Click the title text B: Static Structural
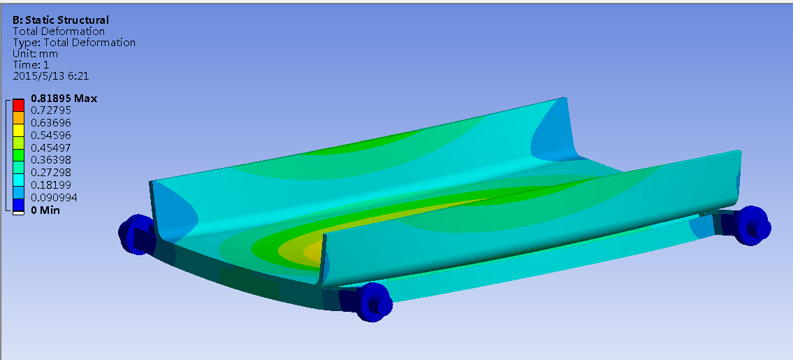(x=61, y=20)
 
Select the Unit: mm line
(x=35, y=54)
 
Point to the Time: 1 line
(x=31, y=65)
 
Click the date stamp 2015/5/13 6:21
(x=51, y=76)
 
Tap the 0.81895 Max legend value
(x=64, y=99)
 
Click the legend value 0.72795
(x=51, y=110)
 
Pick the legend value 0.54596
(x=51, y=135)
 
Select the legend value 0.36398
(x=51, y=160)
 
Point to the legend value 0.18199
(x=51, y=185)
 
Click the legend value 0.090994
(x=54, y=197)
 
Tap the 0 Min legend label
(x=46, y=210)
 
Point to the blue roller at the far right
(x=753, y=224)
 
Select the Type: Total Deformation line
(x=74, y=43)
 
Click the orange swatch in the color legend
(x=18, y=117)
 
